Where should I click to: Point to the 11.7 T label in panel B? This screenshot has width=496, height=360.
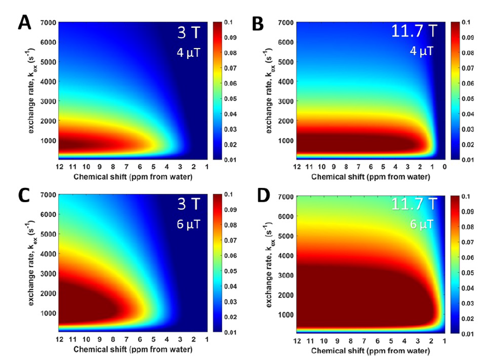click(414, 31)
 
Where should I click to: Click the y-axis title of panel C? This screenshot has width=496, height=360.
click(32, 263)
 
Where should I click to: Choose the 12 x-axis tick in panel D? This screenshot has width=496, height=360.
click(296, 341)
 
